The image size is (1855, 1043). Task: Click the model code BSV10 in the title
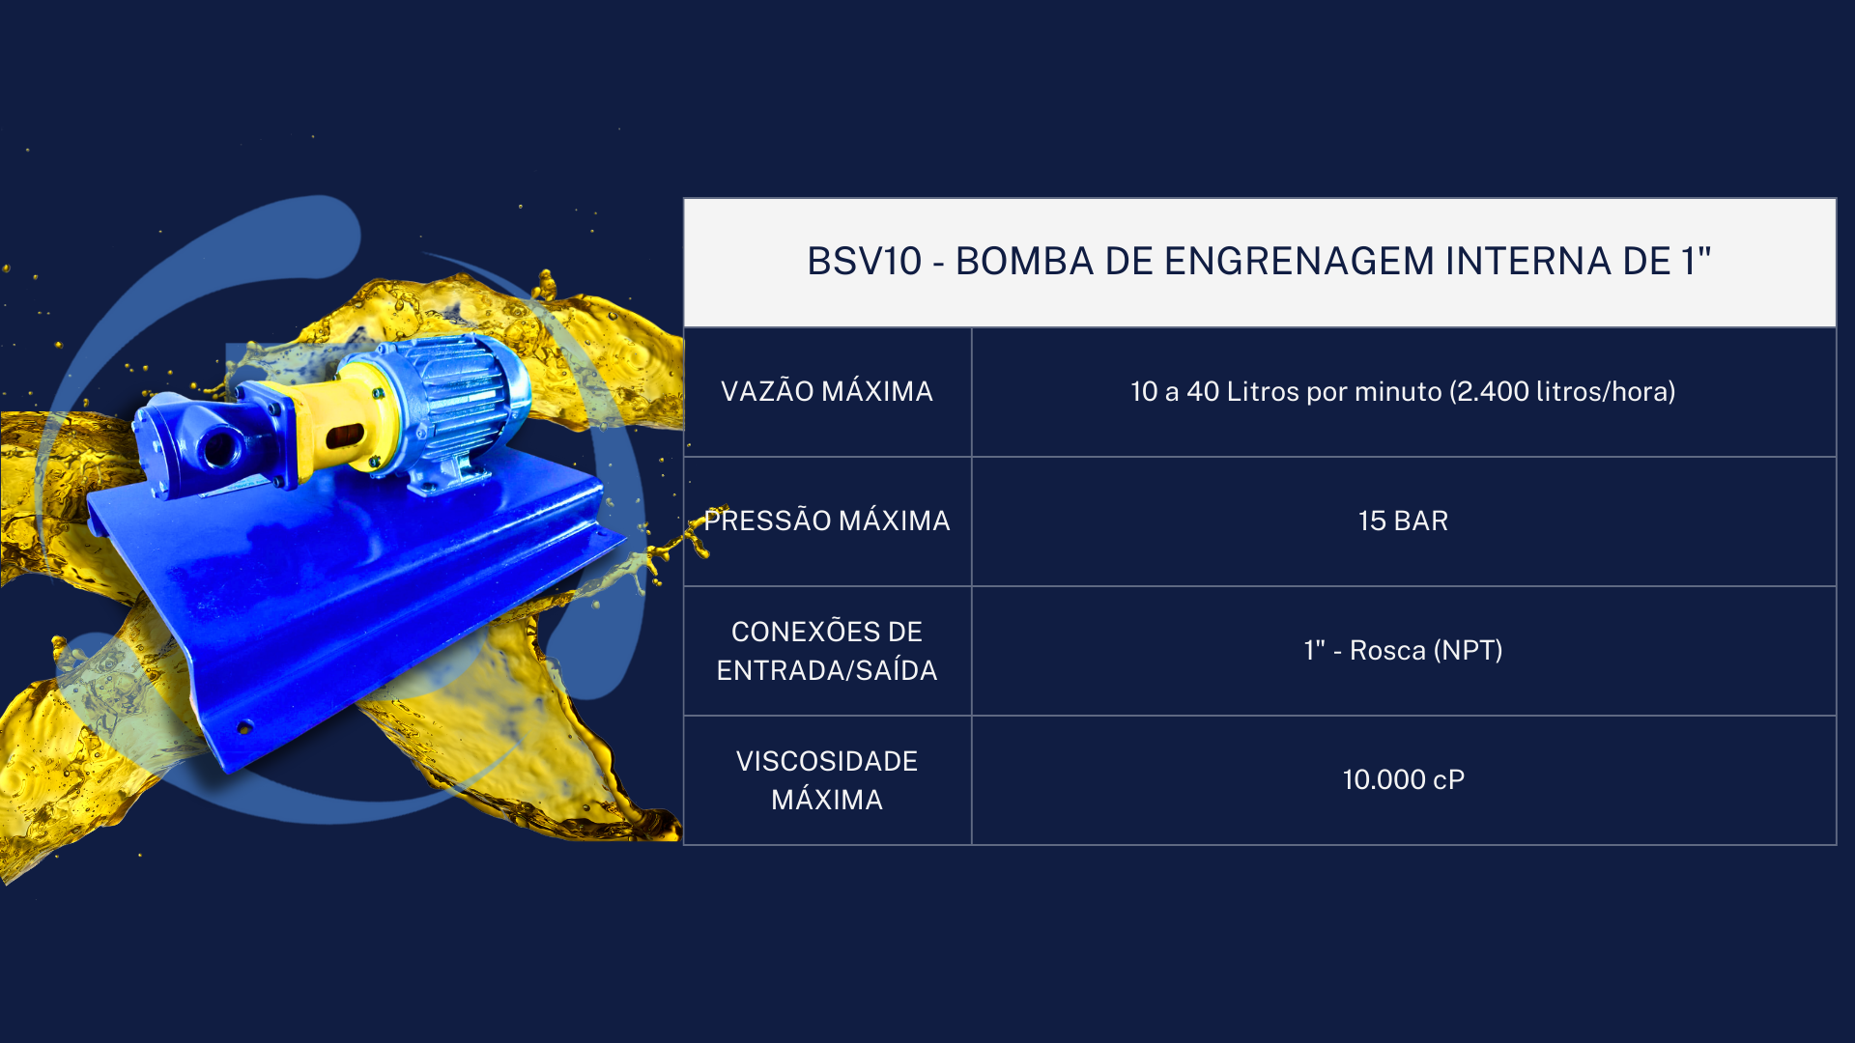coord(864,262)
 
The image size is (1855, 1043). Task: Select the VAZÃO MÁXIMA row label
coord(827,391)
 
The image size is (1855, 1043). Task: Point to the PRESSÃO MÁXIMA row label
coord(827,521)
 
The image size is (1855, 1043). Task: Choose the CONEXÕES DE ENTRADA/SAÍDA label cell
coord(827,651)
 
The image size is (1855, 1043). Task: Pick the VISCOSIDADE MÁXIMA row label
coord(827,780)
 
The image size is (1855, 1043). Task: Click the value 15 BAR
coord(1403,521)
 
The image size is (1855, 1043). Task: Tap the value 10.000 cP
coord(1403,779)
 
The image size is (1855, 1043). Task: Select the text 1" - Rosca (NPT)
coord(1403,650)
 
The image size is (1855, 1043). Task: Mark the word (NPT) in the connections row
coord(1469,650)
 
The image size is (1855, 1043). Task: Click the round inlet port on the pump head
coord(220,447)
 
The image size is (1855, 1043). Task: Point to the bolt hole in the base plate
coord(244,726)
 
